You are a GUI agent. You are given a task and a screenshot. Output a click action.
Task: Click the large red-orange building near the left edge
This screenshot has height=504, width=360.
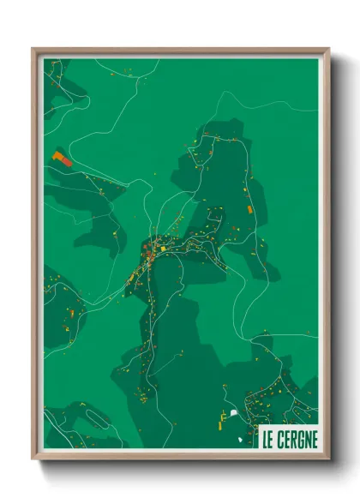61,159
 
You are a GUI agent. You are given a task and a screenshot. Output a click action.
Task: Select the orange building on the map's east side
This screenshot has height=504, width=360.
249,208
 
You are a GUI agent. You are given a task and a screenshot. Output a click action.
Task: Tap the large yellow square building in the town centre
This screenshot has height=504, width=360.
164,249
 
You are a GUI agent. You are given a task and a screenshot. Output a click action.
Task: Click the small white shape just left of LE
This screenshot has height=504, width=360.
241,440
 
